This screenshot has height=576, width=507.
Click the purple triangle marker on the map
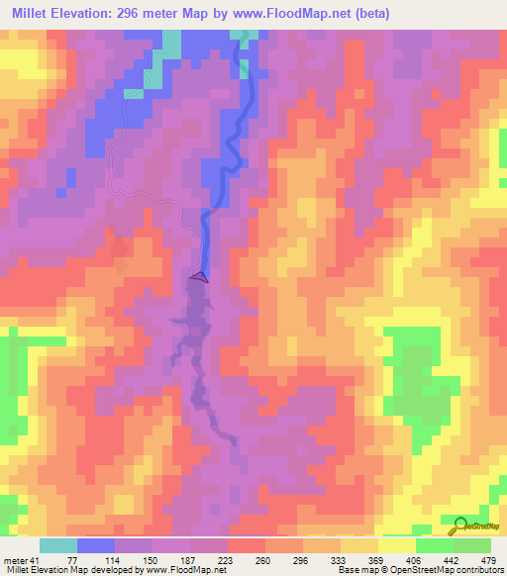pos(199,277)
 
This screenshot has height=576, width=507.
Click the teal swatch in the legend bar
pos(59,545)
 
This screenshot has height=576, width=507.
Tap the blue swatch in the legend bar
pos(96,545)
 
